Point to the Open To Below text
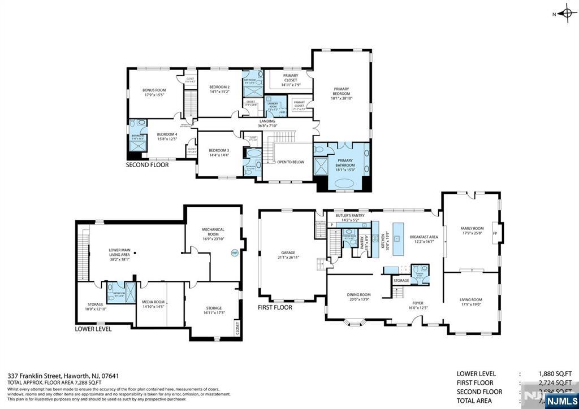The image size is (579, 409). point(291,162)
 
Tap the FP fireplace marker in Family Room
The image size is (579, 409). point(495,233)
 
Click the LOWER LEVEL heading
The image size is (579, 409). point(93,329)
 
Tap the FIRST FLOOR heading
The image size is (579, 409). point(275,308)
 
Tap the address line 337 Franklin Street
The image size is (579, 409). point(63,375)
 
